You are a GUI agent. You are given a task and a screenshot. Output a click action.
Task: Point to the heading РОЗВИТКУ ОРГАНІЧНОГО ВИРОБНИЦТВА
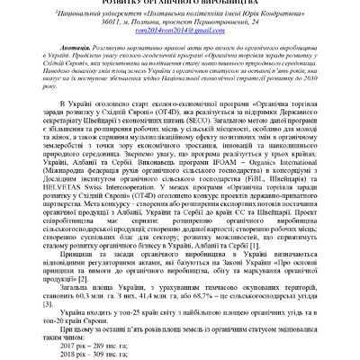tap(180, 4)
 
